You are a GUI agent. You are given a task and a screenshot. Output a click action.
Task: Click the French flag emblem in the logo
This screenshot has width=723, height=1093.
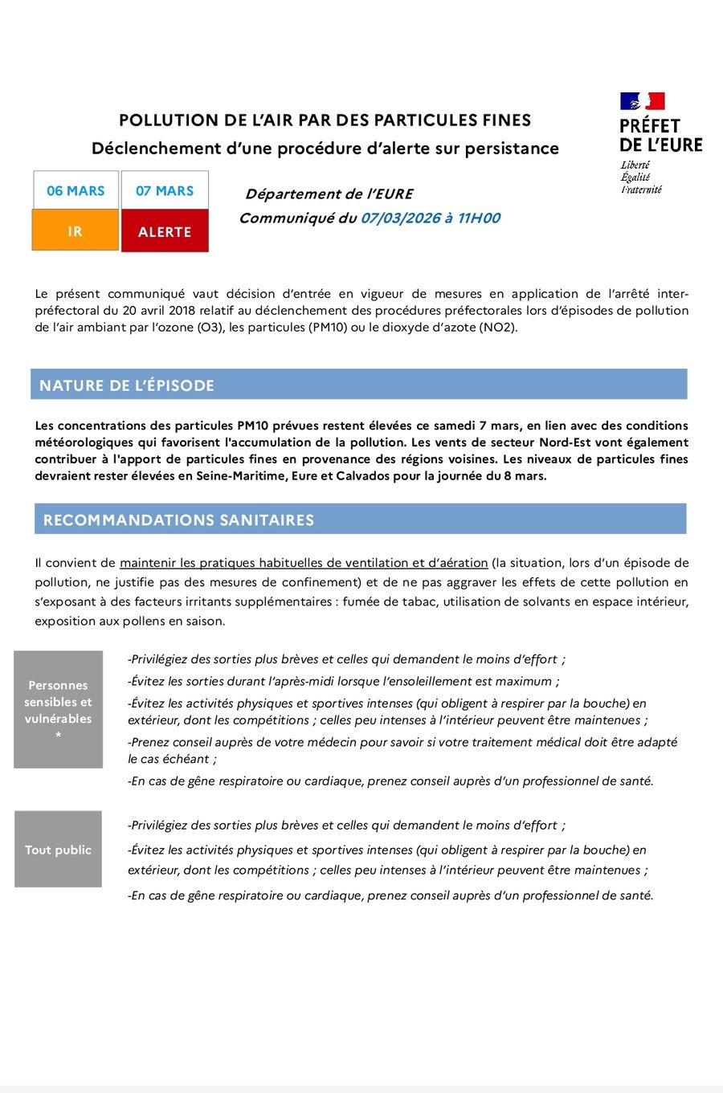[x=642, y=101]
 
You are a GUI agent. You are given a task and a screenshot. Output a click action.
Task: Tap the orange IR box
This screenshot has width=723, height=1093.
[x=76, y=231]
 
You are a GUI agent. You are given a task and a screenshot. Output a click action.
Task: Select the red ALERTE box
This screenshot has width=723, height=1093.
[x=165, y=231]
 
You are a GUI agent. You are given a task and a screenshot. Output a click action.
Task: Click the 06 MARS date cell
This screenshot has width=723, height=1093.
[x=76, y=191]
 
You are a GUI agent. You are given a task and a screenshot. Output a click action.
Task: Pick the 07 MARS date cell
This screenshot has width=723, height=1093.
[x=165, y=191]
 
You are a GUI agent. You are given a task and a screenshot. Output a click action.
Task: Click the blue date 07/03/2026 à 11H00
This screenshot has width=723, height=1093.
[x=431, y=218]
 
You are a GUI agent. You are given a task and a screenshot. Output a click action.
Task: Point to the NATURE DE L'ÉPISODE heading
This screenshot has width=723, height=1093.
[x=127, y=385]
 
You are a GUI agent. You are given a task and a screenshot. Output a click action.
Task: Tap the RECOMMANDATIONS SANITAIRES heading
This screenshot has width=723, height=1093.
[x=178, y=520]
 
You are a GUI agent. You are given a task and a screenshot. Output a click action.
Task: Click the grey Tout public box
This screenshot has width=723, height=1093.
[x=58, y=850]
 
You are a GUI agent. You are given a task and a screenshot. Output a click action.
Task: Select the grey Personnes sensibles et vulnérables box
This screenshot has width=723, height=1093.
[x=58, y=710]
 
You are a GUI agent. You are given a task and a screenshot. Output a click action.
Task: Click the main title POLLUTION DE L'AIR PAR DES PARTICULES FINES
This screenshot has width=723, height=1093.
[x=325, y=120]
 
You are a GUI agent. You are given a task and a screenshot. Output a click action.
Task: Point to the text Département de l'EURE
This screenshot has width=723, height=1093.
[x=329, y=194]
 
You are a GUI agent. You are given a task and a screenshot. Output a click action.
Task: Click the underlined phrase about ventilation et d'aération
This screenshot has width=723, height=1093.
[x=304, y=563]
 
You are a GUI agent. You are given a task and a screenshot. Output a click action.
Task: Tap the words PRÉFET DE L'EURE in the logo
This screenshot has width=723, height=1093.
[x=660, y=135]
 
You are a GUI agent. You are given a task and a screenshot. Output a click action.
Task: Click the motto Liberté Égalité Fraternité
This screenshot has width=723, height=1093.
[x=640, y=177]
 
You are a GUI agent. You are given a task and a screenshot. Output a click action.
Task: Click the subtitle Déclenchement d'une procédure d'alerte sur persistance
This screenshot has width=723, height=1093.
[x=325, y=149]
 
